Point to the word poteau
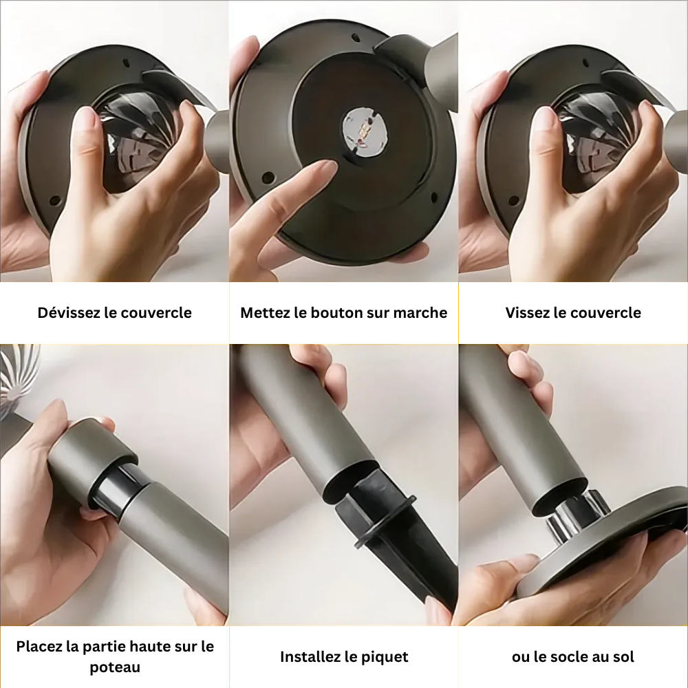coord(115,667)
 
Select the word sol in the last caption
coord(623,657)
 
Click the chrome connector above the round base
coord(574,518)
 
